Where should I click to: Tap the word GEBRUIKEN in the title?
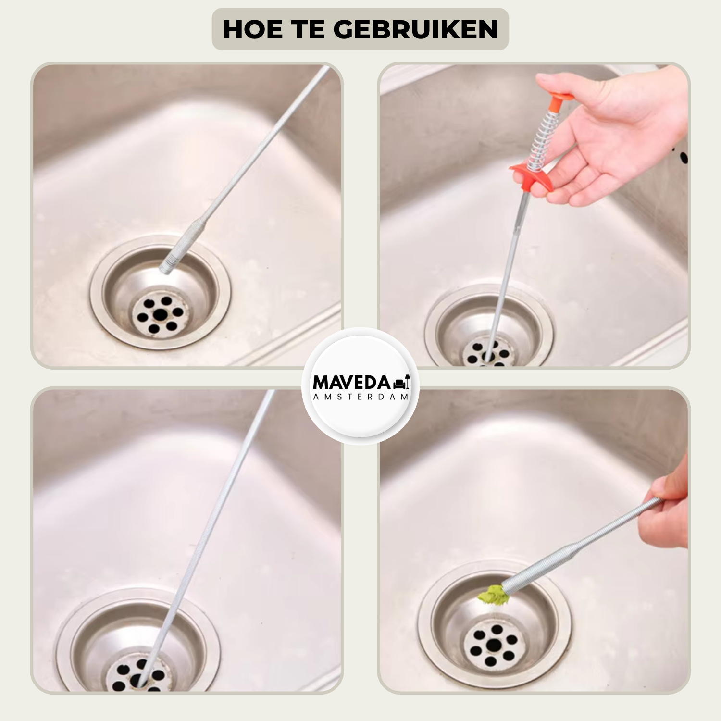[416, 29]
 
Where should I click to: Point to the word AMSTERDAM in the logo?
[361, 397]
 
